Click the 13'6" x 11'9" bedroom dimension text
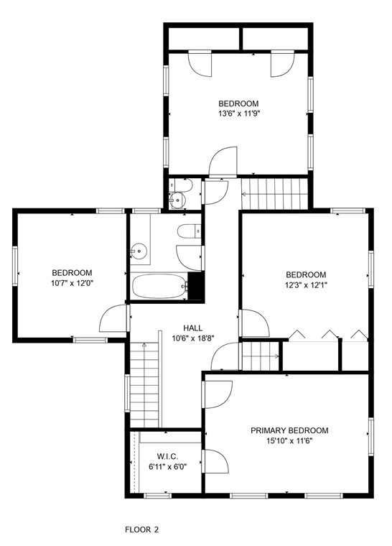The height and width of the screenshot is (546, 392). point(238,114)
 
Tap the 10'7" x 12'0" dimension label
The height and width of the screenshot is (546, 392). point(72,283)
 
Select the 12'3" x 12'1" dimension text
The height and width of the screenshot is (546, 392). point(306,285)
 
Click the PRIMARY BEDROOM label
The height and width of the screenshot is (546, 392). point(289,430)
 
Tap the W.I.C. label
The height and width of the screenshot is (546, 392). point(167,456)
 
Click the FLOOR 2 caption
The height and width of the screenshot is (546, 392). point(141,529)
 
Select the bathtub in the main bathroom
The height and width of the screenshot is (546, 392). point(159,287)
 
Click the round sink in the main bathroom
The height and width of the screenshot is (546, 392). point(139,251)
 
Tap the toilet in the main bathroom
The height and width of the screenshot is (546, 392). point(189,231)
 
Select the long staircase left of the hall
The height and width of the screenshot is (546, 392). point(144,384)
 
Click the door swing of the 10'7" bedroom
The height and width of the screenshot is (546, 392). point(113,319)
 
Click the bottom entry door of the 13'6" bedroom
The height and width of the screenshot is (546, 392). point(223,162)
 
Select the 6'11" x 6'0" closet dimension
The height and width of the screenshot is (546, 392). point(167,467)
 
